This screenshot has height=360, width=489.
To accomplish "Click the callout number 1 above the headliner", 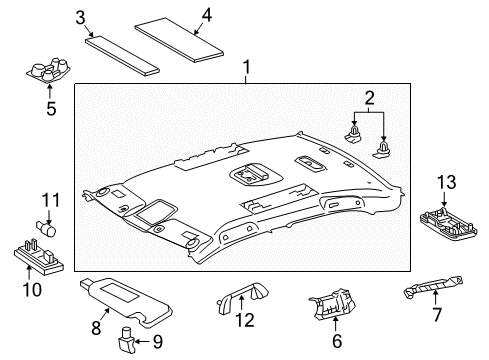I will coord(247,69).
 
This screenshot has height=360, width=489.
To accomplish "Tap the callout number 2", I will coord(369,98).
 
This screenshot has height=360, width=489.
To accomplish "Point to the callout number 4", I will coord(206,14).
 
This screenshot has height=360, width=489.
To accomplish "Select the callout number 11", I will coord(44,200).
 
